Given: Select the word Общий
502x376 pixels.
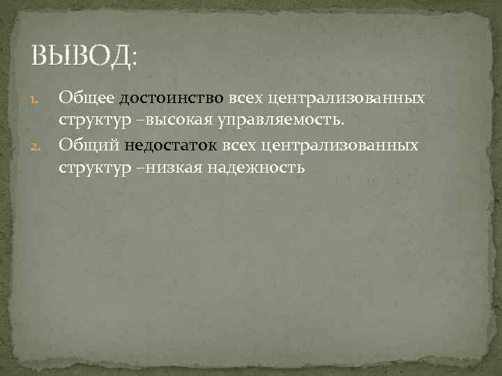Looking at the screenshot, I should pyautogui.click(x=89, y=145).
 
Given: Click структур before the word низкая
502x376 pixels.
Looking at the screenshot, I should pyautogui.click(x=89, y=168).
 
